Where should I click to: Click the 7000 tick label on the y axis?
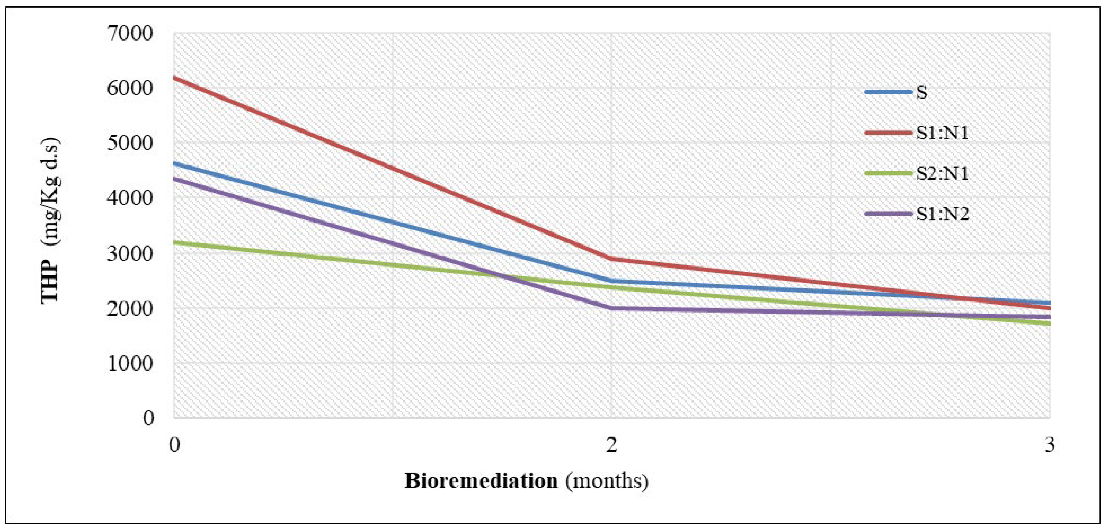pyautogui.click(x=130, y=34)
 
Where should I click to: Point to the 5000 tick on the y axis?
pyautogui.click(x=130, y=143)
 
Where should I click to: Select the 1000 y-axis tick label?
pyautogui.click(x=130, y=363)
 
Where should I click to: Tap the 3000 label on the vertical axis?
pyautogui.click(x=130, y=253)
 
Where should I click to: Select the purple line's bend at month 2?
pyautogui.click(x=611, y=308)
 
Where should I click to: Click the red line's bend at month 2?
pyautogui.click(x=611, y=259)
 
